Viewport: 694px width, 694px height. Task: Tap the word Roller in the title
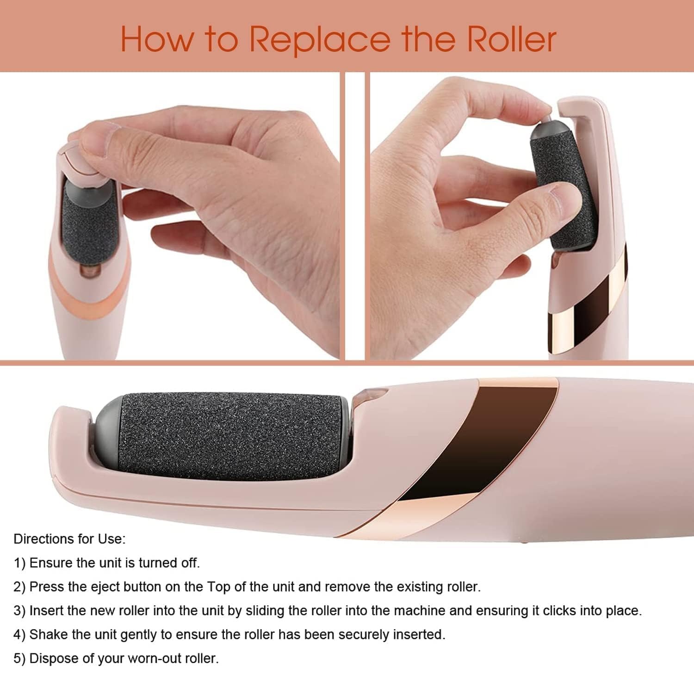(511, 40)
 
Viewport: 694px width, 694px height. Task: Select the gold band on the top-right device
(588, 319)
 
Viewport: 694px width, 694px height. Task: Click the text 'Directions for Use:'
(69, 539)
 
